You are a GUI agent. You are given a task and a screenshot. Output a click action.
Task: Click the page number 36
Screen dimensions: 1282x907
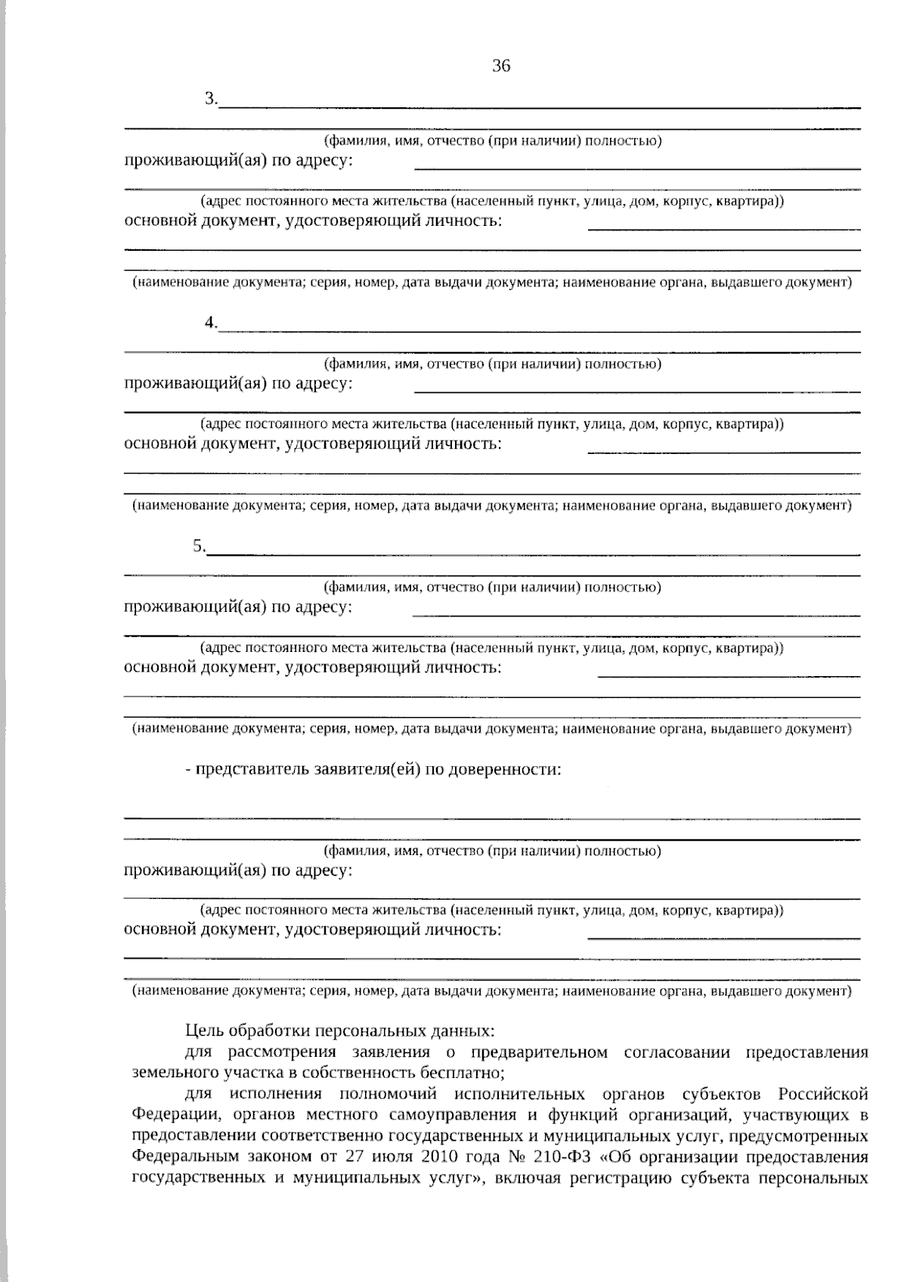coord(501,66)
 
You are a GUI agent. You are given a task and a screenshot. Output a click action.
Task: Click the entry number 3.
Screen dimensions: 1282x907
coord(210,99)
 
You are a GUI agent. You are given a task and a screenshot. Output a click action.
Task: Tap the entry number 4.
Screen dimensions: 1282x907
coord(210,323)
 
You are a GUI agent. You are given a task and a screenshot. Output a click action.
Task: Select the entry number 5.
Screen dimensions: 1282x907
coord(198,546)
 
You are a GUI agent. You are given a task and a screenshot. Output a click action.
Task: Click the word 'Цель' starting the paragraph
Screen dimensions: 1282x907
coord(202,1030)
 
